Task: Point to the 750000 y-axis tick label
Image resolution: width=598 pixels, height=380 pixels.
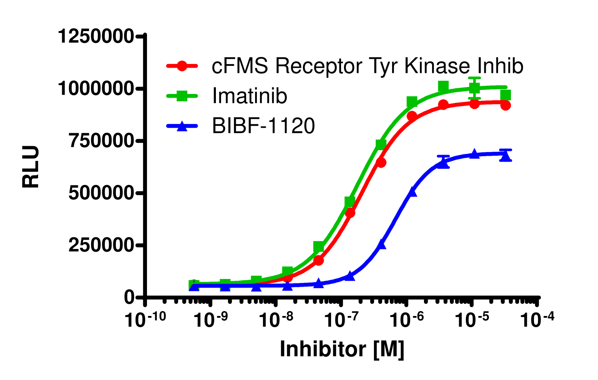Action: [x=101, y=141]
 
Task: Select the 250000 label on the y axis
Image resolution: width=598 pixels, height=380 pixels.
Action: [x=101, y=245]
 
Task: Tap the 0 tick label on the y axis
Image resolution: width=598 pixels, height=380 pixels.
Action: [x=129, y=297]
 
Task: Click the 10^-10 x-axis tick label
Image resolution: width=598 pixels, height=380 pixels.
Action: [x=145, y=319]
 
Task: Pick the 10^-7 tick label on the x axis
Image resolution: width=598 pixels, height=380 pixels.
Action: [x=341, y=319]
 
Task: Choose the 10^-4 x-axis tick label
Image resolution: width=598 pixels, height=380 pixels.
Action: [x=537, y=319]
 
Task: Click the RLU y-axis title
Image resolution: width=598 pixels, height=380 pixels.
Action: [x=31, y=167]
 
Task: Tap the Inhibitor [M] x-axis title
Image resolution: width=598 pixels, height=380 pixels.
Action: [x=341, y=349]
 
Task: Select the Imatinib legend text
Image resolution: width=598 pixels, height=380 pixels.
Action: [x=250, y=96]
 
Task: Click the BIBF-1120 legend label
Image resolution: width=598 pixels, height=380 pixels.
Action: [x=263, y=126]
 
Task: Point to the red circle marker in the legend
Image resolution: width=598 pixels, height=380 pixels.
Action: [x=182, y=66]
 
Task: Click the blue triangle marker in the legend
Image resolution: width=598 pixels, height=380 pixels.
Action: [x=182, y=126]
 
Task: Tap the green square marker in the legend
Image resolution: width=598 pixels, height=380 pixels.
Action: [x=182, y=96]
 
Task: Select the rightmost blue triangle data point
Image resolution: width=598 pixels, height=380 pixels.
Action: [x=505, y=157]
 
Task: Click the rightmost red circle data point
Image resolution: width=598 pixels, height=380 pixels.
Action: [x=505, y=105]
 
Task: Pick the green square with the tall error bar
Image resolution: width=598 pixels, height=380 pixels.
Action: [x=474, y=88]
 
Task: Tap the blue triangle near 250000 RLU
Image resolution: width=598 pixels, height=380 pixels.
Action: [x=382, y=244]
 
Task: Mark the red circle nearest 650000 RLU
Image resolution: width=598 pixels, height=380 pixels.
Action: [x=381, y=162]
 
